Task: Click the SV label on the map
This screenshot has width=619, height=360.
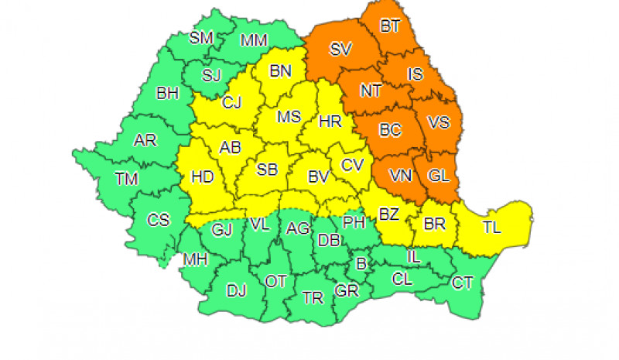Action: pyautogui.click(x=340, y=50)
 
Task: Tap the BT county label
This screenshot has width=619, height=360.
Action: pyautogui.click(x=390, y=27)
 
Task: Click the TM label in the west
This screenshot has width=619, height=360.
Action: pyautogui.click(x=127, y=180)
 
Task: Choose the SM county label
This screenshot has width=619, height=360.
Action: pyautogui.click(x=201, y=37)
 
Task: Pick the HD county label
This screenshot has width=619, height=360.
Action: pyautogui.click(x=202, y=177)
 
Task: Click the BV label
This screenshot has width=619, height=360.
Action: pyautogui.click(x=319, y=177)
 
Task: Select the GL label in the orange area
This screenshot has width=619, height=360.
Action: pyautogui.click(x=439, y=175)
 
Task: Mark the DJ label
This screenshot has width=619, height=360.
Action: pyautogui.click(x=236, y=291)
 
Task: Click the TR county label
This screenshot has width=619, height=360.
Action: pyautogui.click(x=313, y=297)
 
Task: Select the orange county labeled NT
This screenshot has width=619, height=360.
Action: pyautogui.click(x=371, y=91)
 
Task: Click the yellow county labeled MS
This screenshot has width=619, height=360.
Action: pyautogui.click(x=289, y=118)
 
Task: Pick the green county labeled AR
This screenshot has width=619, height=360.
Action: pyautogui.click(x=145, y=141)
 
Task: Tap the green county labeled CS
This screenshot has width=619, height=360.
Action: pyautogui.click(x=159, y=220)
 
